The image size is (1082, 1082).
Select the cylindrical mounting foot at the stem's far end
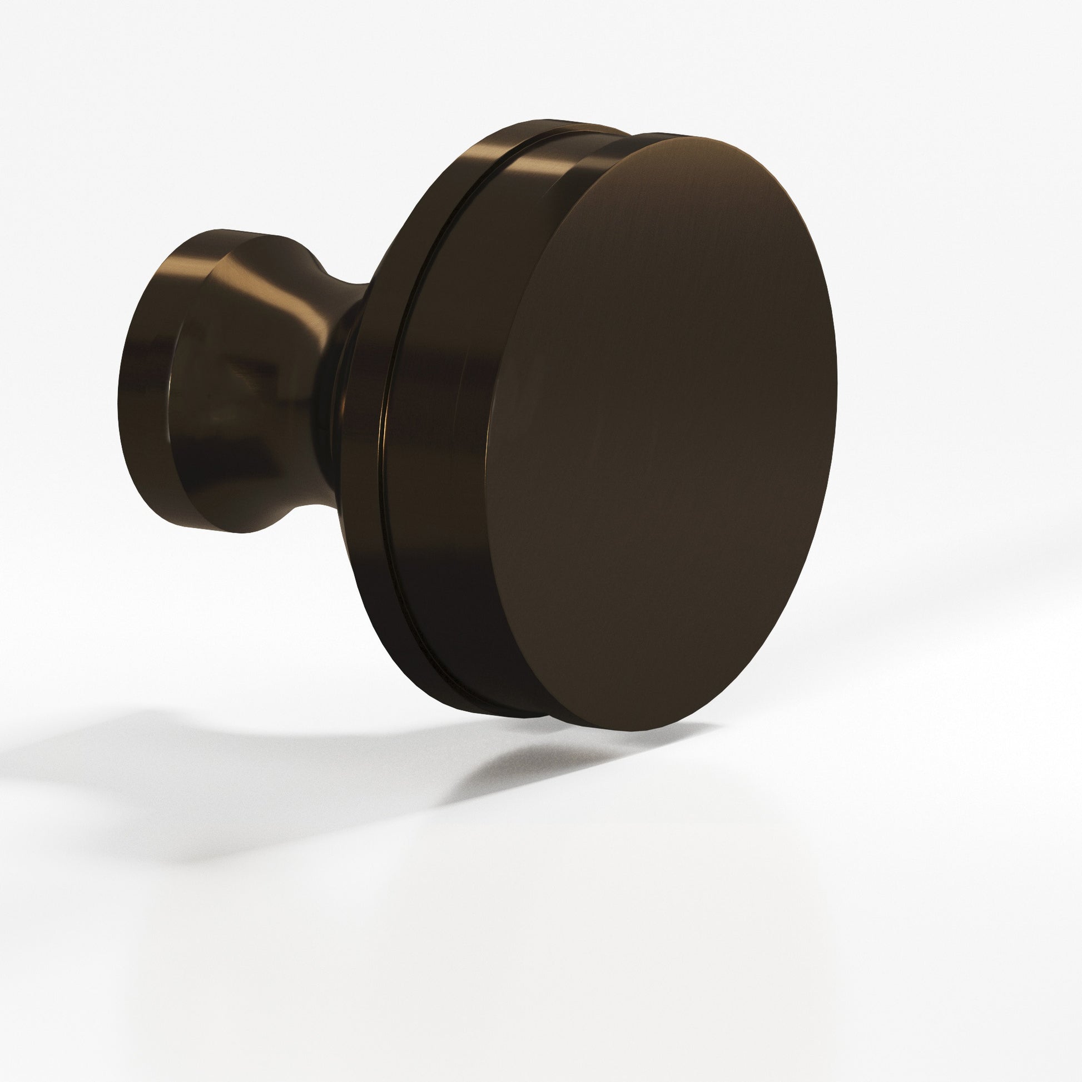point(148,381)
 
